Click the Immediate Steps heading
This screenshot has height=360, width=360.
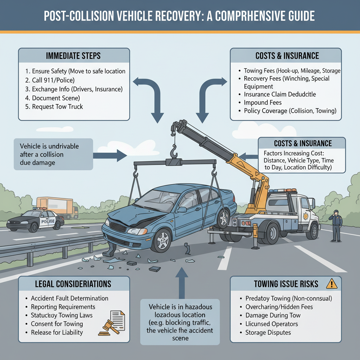(x=73, y=56)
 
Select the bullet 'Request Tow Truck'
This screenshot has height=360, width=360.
(x=57, y=107)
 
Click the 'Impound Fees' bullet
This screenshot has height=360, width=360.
(x=263, y=103)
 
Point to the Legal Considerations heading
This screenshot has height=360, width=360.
(x=73, y=284)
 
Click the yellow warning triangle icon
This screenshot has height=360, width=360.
(x=331, y=283)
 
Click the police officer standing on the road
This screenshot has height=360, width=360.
(x=336, y=225)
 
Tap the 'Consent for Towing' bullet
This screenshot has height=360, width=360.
(x=57, y=324)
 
